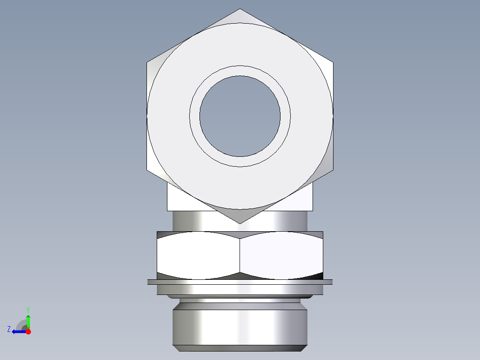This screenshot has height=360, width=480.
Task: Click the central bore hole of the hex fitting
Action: pos(240,116)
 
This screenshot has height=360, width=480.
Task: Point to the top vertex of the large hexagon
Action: pos(240,9)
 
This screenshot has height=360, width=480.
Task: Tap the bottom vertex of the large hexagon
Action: pos(240,223)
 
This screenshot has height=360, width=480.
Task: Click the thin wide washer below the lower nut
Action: pos(240,282)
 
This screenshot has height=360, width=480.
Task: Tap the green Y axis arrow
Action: pos(28,320)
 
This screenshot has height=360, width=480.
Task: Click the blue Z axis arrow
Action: pos(18,331)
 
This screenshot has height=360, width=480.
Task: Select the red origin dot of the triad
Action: pos(28,331)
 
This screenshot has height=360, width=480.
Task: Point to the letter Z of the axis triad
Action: pos(9,329)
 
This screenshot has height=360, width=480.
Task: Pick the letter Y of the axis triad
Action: pos(28,309)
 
